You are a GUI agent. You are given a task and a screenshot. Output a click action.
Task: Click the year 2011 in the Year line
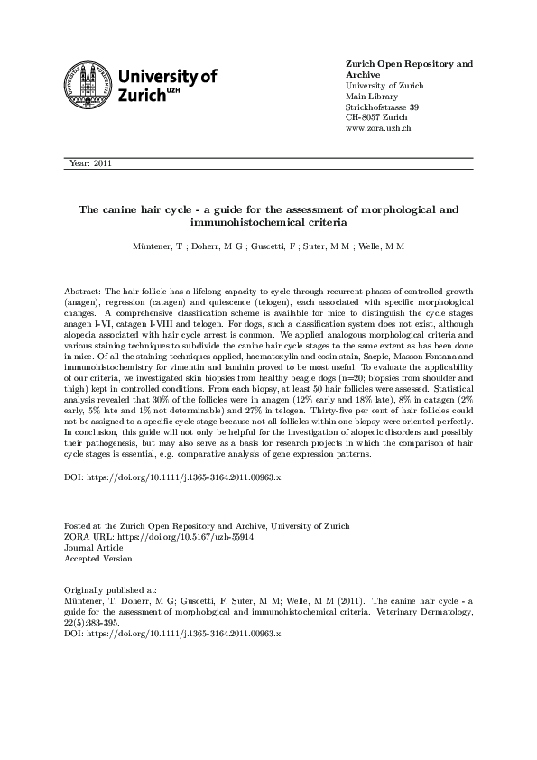[x=100, y=163]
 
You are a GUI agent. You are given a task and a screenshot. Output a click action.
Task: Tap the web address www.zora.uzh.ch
[x=379, y=129]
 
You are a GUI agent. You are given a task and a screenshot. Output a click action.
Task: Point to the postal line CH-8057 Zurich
[x=378, y=118]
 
